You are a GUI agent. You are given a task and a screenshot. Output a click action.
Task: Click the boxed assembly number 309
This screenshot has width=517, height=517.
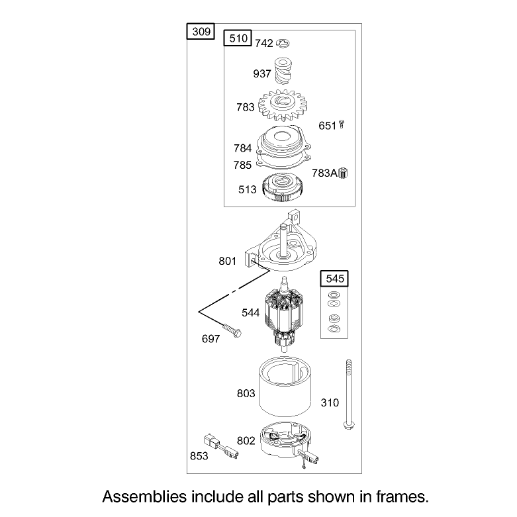point(201,32)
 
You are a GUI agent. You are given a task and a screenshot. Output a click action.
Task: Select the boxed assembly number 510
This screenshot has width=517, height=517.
point(238,38)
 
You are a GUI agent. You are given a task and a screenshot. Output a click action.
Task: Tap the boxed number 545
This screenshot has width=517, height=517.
point(335,279)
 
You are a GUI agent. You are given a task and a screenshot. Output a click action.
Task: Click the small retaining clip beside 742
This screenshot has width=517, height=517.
point(283,43)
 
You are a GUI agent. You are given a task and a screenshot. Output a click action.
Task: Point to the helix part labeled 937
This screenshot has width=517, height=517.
point(283,71)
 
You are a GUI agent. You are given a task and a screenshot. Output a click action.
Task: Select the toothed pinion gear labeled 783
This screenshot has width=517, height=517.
point(283,105)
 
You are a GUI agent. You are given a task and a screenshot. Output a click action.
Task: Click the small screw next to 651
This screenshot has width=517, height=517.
point(342,124)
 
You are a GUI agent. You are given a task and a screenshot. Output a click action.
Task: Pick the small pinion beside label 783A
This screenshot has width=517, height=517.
point(343,173)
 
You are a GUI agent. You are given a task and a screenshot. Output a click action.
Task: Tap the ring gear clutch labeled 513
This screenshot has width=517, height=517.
point(283,188)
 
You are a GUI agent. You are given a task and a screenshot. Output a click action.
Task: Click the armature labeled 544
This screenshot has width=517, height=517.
point(283,314)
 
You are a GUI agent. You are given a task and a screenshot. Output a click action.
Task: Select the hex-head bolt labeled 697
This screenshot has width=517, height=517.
point(232,331)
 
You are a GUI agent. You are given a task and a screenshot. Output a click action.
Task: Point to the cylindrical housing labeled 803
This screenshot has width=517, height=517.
point(285,387)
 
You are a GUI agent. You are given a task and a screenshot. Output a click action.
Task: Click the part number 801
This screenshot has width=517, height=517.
point(228,261)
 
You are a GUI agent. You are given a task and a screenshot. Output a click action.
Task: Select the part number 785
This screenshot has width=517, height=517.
point(242,165)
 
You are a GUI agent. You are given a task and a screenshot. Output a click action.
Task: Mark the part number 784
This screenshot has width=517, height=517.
point(243,148)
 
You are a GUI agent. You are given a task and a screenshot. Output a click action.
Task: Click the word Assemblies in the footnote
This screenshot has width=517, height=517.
point(144,496)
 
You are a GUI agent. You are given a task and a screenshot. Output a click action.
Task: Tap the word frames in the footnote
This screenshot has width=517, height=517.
point(402,496)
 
